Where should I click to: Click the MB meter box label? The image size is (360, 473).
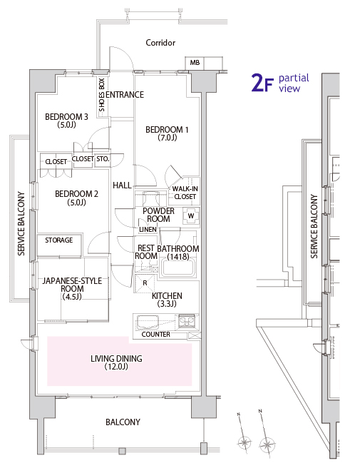[x=195, y=63]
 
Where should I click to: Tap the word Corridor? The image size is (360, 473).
[x=160, y=43]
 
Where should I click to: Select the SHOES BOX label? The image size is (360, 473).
[x=102, y=95]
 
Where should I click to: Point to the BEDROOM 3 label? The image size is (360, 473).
[x=66, y=117]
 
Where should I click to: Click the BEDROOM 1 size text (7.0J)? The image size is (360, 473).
[x=168, y=138]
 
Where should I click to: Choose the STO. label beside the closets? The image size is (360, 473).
[x=103, y=159]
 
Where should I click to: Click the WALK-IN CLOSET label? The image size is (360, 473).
[x=185, y=193]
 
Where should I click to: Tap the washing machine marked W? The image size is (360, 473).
[x=191, y=216]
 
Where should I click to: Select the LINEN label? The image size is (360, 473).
[x=148, y=230]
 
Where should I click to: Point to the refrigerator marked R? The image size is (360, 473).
[x=145, y=283]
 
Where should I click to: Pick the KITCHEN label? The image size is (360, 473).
[x=167, y=296]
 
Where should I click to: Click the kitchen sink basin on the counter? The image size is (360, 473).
[x=148, y=322]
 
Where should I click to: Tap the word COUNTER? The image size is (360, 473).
[x=155, y=334]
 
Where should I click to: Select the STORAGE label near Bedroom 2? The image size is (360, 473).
[x=58, y=240]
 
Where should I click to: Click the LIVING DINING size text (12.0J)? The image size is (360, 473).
[x=116, y=367]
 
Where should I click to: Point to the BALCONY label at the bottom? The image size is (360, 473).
[x=123, y=422]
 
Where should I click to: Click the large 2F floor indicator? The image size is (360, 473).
[x=262, y=83]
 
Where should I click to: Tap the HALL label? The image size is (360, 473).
[x=122, y=185]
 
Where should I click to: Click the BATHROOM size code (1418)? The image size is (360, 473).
[x=178, y=257]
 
